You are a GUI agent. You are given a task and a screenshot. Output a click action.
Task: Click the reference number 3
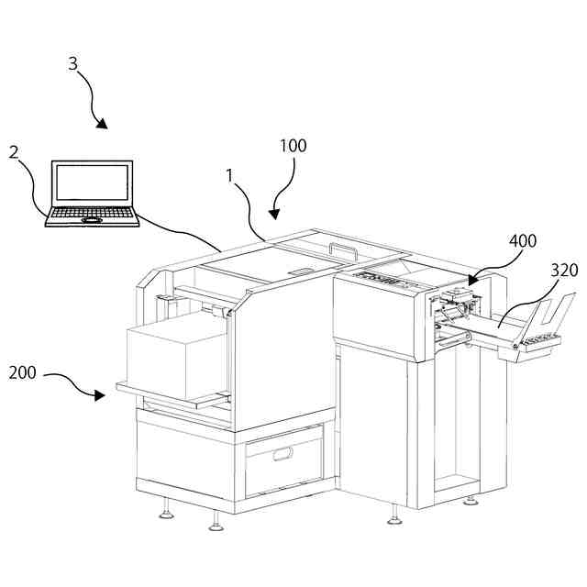coord(73,63)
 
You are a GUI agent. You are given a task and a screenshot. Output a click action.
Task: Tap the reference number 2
coord(14,152)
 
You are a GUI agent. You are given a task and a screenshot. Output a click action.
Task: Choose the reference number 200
coord(24,373)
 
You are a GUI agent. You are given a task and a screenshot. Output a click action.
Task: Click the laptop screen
coord(92,184)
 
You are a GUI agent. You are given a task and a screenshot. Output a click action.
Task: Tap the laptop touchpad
coord(92,220)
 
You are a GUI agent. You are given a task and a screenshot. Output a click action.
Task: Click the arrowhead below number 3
coord(104,124)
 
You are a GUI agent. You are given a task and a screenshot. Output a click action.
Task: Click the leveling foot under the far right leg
coord(470,501)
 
